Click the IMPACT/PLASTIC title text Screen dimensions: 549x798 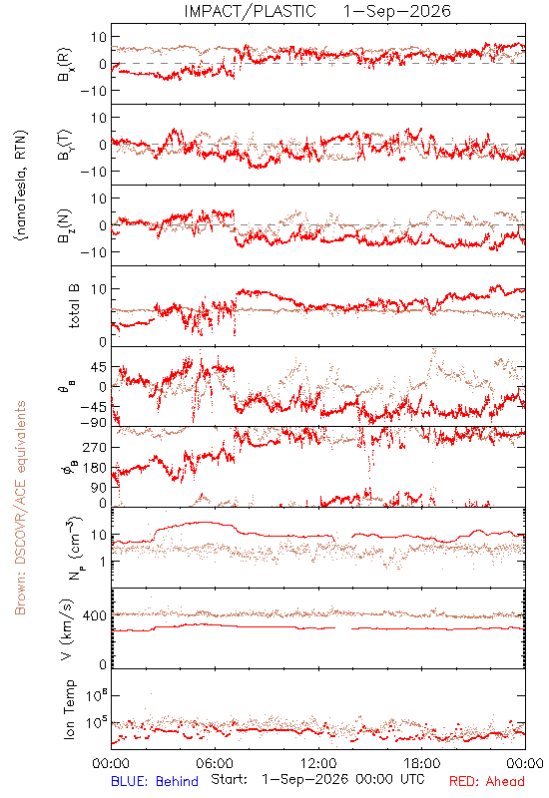pos(251,11)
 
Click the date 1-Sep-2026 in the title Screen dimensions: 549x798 pos(397,11)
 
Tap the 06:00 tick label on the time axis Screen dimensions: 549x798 pos(215,763)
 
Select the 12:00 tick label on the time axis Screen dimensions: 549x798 pos(318,763)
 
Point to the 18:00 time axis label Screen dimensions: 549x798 pos(422,763)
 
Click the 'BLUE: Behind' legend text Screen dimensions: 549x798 pos(155,781)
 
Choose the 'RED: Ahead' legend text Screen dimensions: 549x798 pos(487,781)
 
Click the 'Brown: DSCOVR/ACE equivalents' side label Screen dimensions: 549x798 pos(20,508)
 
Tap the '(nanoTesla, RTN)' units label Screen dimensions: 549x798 pos(21,186)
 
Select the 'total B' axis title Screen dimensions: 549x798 pos(74,306)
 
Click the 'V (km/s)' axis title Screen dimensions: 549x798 pos(67,629)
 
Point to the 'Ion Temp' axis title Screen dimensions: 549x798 pos(69,709)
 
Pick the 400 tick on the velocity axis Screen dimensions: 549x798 pos(95,615)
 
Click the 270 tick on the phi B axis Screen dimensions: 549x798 pos(95,447)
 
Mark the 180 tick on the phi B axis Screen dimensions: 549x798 pos(95,467)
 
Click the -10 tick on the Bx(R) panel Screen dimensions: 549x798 pos(93,91)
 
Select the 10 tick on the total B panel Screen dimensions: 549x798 pos(99,289)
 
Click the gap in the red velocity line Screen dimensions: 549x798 pos(343,628)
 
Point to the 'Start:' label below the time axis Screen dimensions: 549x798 pos(230,779)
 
